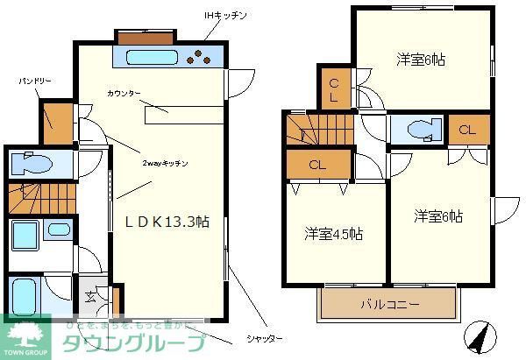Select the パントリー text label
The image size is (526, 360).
coord(35,81)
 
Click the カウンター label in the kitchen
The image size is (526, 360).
coord(124,93)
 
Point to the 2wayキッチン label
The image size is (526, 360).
coord(165,163)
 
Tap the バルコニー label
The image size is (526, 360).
coord(390,305)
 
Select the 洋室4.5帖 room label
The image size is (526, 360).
coord(334,234)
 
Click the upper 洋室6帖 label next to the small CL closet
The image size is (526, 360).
coord(421,60)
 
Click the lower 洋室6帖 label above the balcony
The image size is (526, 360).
coord(438,216)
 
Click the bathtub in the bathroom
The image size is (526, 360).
coord(24,293)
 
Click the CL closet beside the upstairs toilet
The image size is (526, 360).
coord(467,131)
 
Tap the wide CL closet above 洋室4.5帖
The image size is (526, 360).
coord(317,164)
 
